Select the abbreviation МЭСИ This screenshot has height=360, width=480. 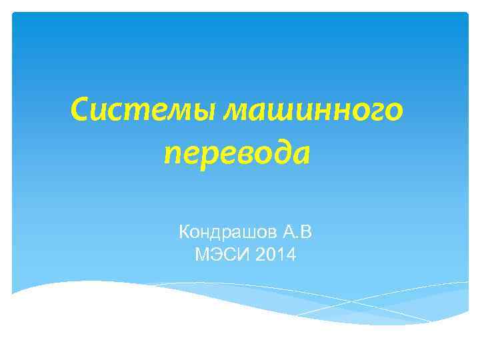pos(215,254)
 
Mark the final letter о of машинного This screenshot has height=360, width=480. pos(394,111)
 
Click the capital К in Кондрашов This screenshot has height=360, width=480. pos(185,233)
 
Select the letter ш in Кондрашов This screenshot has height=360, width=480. pos(251,233)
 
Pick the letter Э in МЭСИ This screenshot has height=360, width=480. pos(209,254)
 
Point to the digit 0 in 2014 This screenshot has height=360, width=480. pos(266,254)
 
